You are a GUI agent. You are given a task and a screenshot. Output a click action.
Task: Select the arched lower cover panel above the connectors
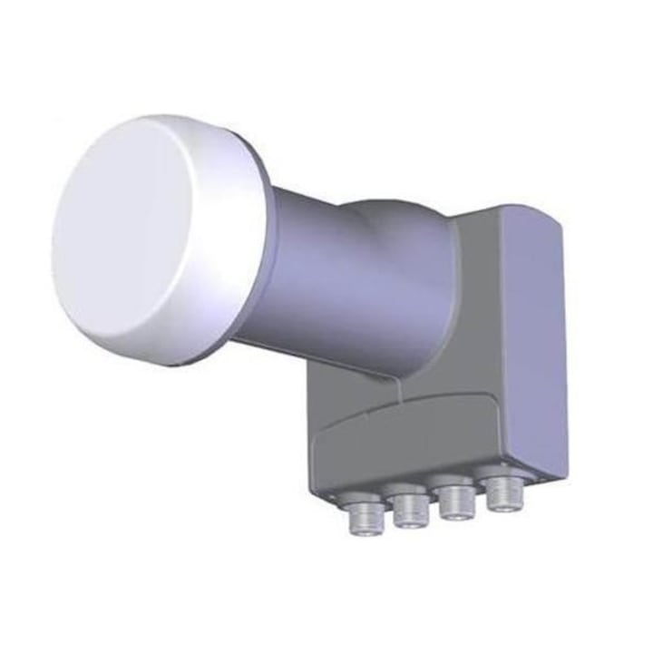pyautogui.click(x=408, y=444)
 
